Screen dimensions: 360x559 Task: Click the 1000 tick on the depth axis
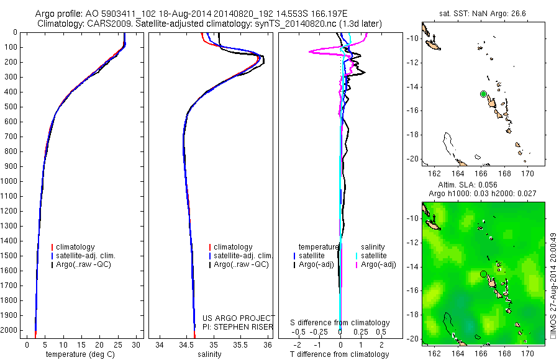coord(11,181)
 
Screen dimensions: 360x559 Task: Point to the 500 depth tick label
coord(11,107)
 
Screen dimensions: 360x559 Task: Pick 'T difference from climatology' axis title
coord(340,354)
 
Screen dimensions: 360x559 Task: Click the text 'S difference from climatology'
coord(340,323)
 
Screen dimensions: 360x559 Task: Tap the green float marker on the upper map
coord(483,94)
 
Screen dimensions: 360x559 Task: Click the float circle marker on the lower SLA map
coord(483,274)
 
